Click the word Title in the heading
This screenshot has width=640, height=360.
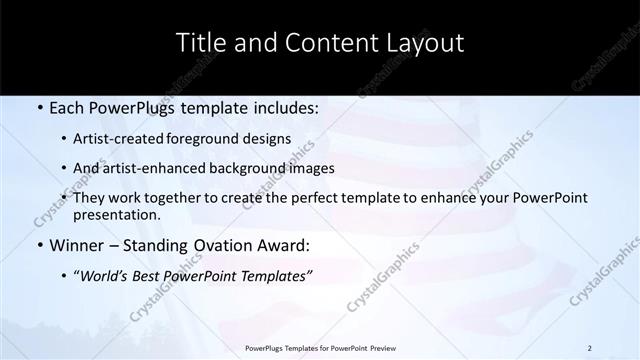(200, 43)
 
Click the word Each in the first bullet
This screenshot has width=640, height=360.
(67, 106)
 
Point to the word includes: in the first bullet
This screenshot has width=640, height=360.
(286, 106)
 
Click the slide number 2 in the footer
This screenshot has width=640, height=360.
(590, 348)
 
